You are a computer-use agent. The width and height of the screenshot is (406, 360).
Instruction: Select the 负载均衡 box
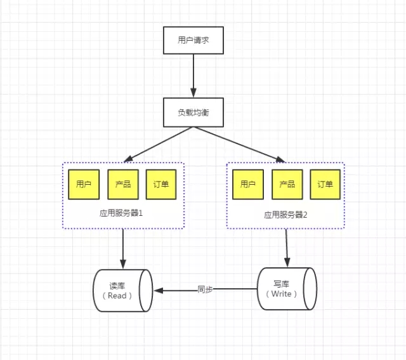193,112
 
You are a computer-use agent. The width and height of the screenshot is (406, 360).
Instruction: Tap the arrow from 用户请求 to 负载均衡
193,77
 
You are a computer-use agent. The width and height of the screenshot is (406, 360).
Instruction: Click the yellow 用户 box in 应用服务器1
84,185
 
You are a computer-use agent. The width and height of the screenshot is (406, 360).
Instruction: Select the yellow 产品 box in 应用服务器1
123,185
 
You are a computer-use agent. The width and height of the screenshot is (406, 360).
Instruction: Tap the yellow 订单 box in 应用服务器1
161,185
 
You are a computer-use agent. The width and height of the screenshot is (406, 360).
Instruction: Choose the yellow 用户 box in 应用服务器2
247,185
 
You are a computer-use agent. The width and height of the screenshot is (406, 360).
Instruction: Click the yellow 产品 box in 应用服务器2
286,185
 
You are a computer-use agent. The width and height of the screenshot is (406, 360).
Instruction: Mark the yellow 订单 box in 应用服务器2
325,185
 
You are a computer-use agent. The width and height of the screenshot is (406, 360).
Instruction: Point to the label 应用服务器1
122,214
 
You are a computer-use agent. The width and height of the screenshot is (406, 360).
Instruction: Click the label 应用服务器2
286,215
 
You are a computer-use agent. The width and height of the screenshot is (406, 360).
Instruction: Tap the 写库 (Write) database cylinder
287,290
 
